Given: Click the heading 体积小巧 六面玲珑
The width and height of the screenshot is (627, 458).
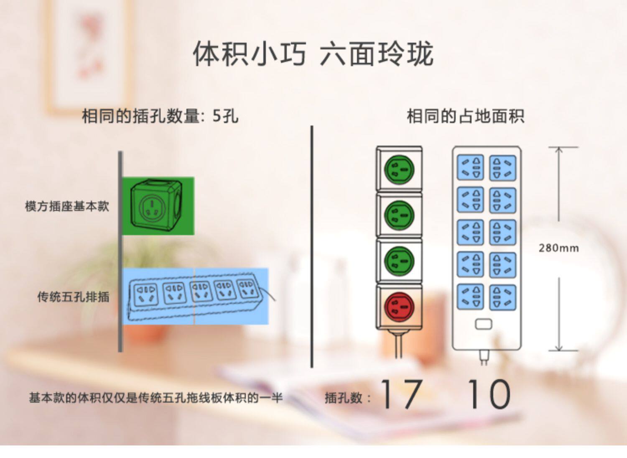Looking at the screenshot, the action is coord(313,53).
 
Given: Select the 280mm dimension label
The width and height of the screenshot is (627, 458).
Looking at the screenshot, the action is coord(558,248).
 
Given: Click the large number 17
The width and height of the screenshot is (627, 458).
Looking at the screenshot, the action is coord(401,394).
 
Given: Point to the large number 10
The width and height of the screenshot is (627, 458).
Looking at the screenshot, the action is coord(489,394).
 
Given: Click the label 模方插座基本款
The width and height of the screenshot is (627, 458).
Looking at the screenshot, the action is coord(67,207).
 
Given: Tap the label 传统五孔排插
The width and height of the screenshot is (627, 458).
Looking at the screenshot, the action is coord(73,297).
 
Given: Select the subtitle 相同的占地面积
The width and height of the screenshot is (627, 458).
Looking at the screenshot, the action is coord(465,116).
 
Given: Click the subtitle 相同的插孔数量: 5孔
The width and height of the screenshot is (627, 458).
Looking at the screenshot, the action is coord(161,116).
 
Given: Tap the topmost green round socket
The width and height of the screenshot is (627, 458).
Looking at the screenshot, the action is coord(399,170).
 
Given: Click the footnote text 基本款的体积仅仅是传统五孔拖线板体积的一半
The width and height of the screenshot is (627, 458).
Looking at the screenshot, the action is coord(155,398).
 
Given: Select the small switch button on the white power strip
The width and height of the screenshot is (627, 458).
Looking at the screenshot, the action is coord(484,324).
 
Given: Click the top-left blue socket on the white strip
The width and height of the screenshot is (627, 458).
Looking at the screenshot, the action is coord(470,167).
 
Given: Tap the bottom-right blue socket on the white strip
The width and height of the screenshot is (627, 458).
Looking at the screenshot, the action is coord(502,297).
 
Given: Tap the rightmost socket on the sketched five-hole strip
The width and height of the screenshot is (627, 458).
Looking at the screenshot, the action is coord(247,289).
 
